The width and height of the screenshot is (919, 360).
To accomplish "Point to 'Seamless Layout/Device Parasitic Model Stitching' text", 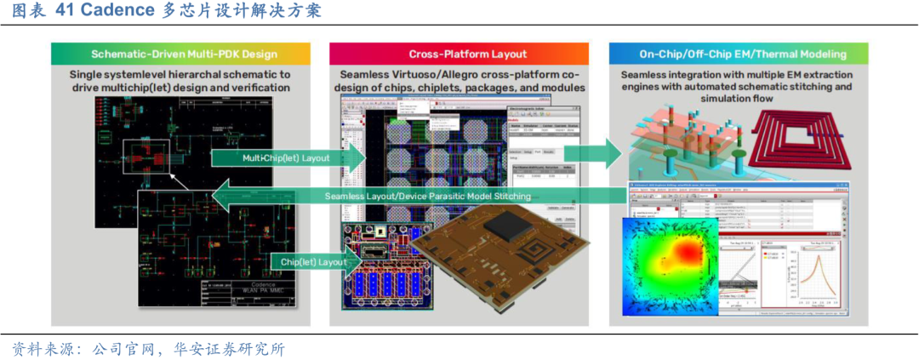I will [x=427, y=197].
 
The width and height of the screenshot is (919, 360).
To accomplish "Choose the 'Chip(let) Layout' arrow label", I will [x=313, y=262].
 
